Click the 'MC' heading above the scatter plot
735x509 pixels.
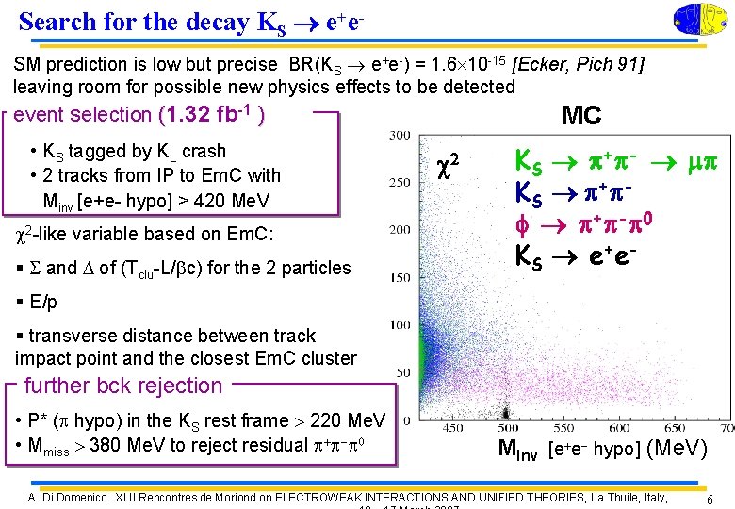[x=580, y=115]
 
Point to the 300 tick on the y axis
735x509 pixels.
[x=399, y=136]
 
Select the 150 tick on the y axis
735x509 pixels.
[x=399, y=278]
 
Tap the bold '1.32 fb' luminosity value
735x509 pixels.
[x=209, y=115]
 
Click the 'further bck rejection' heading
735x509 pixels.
[x=122, y=386]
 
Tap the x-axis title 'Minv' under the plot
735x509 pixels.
[x=517, y=452]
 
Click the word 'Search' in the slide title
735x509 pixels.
[x=59, y=22]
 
